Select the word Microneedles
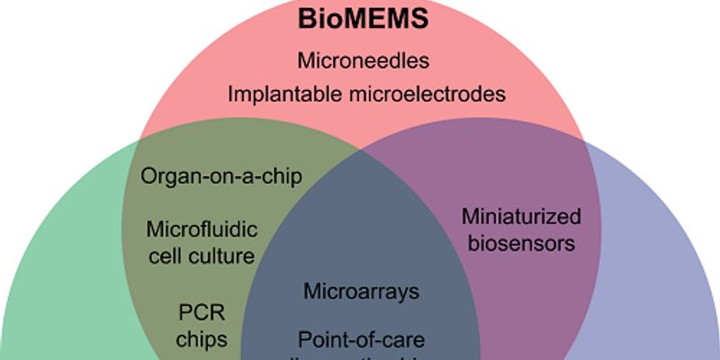pyautogui.click(x=364, y=62)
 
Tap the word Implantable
pyautogui.click(x=280, y=94)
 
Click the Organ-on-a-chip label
pyautogui.click(x=221, y=175)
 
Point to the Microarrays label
pyautogui.click(x=362, y=292)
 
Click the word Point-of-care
pyautogui.click(x=362, y=340)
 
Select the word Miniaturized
pyautogui.click(x=521, y=217)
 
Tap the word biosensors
pyautogui.click(x=520, y=243)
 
